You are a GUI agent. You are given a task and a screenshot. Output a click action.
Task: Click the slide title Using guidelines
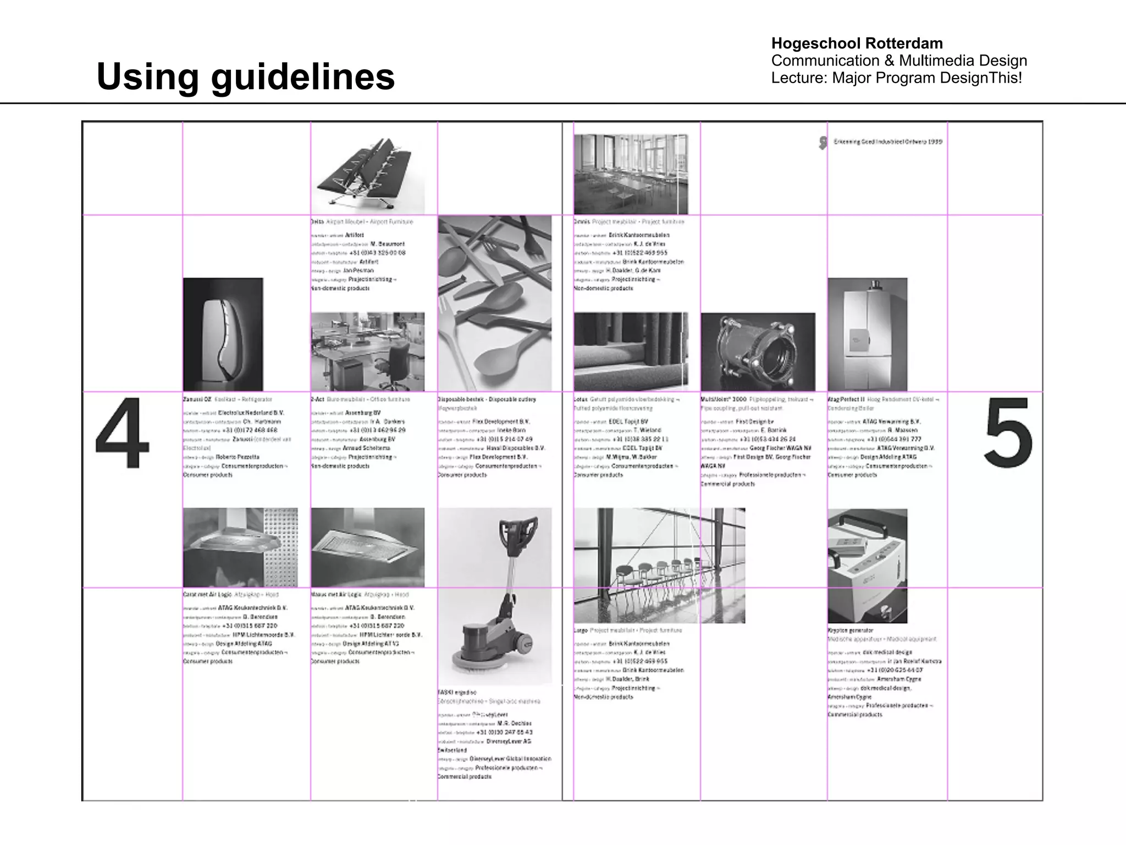[245, 76]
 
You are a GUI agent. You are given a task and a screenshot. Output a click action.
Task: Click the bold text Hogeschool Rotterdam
[857, 43]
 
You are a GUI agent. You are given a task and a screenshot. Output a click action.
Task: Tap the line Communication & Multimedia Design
[899, 61]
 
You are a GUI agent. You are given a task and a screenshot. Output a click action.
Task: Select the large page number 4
[122, 433]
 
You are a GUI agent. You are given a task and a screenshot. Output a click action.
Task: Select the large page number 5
[1008, 433]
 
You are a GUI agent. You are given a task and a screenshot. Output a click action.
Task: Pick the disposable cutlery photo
[495, 303]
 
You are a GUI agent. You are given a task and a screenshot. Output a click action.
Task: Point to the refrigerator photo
[223, 334]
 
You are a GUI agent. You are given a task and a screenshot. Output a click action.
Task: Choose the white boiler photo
[868, 334]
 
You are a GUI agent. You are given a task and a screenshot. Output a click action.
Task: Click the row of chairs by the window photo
[659, 565]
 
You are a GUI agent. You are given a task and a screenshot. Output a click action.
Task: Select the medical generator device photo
[868, 566]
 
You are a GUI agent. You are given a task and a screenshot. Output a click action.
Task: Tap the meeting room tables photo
[630, 174]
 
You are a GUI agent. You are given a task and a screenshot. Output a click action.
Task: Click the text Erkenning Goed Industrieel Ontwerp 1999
[887, 142]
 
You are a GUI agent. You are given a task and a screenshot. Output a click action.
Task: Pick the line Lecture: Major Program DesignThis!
[896, 78]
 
